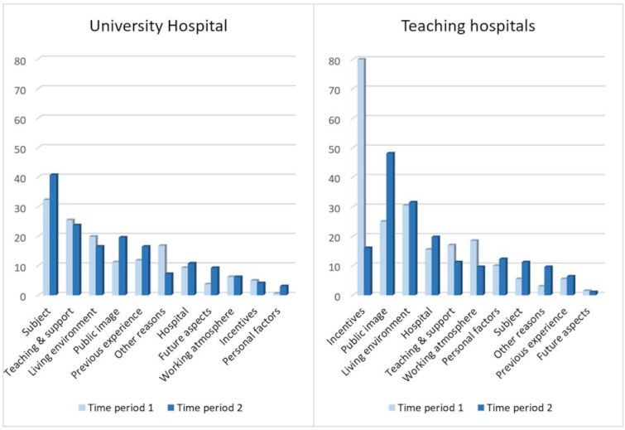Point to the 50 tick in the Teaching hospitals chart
click(x=334, y=148)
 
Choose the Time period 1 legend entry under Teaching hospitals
click(x=426, y=407)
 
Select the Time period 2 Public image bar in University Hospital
click(x=123, y=266)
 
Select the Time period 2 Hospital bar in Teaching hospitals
click(x=435, y=266)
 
